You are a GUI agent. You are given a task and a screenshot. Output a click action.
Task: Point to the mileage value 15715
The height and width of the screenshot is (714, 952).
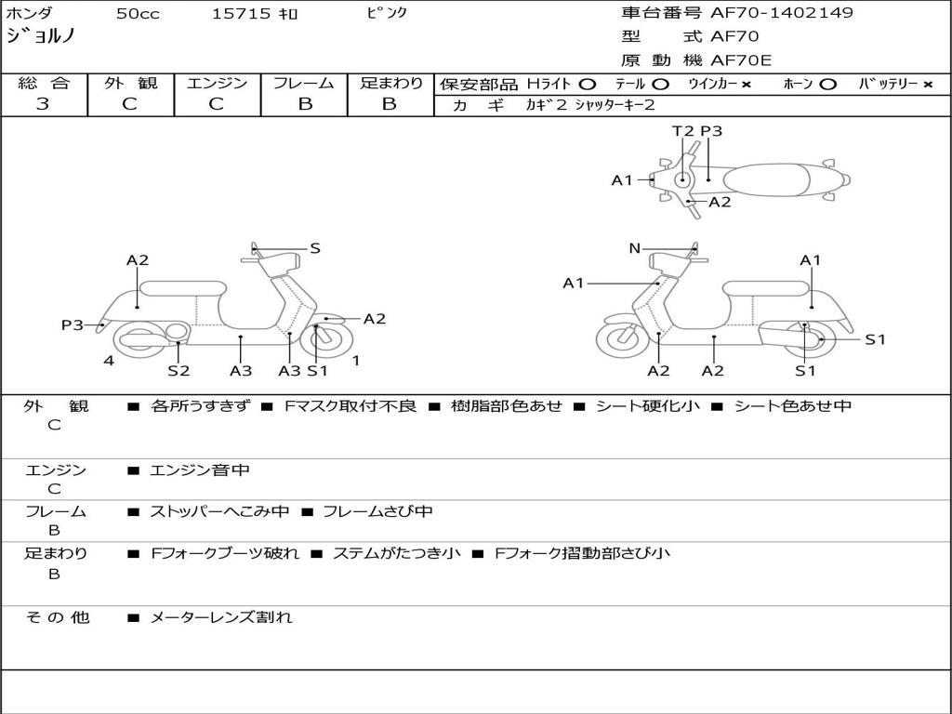point(241,14)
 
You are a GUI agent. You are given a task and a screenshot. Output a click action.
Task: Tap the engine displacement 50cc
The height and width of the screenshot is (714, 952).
point(136,14)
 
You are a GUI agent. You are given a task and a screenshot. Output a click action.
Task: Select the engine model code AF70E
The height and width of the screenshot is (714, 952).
point(740,60)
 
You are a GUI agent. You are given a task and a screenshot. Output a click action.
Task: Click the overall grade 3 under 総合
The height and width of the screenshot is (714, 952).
point(43,104)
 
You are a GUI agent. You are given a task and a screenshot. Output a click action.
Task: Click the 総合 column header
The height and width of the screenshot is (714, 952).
point(43,83)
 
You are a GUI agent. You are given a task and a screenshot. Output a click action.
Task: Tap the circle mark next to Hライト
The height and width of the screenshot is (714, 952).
point(588,85)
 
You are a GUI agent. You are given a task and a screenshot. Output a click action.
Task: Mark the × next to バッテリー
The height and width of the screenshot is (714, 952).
point(927,85)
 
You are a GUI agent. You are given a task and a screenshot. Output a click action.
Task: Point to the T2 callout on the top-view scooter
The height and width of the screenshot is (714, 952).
point(683,131)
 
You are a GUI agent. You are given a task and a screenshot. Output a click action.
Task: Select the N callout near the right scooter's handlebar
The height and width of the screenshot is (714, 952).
point(635,248)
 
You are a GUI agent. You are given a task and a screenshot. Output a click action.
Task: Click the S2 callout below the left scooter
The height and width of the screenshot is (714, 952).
point(178,370)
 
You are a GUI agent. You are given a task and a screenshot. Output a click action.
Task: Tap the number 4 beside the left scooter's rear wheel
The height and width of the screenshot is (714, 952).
point(109,361)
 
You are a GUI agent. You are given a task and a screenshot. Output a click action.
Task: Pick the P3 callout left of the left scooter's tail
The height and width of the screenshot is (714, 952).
point(73,324)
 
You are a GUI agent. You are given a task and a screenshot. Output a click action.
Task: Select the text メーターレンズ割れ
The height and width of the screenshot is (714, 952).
point(221,616)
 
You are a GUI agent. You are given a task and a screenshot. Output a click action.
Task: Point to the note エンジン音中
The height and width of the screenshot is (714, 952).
point(200,470)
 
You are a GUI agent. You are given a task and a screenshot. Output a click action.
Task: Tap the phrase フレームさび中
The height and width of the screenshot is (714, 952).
point(377,511)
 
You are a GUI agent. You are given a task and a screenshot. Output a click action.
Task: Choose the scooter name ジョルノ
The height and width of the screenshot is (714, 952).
point(41,36)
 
